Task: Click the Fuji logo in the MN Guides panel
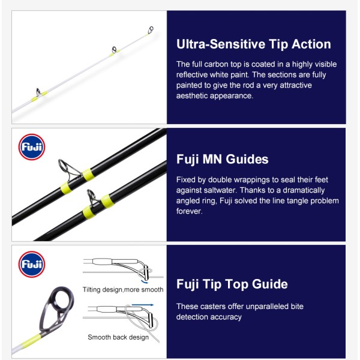pos(32,147)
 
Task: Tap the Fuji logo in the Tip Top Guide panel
pos(32,264)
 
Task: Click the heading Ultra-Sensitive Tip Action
pos(253,44)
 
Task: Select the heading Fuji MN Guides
pos(222,160)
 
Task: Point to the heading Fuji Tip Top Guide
pos(232,284)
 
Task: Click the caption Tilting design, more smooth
pos(123,290)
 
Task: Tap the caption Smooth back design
pos(118,337)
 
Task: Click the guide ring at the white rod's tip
pos(151,29)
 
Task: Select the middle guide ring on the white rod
pos(114,49)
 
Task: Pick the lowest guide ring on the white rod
pos(38,92)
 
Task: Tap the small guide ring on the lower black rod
pos(91,195)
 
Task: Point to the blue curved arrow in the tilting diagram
pos(144,281)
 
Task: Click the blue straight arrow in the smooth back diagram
pos(142,305)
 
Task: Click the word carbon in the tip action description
pos(216,64)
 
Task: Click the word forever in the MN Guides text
pos(190,211)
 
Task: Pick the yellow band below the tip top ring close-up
pos(31,340)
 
